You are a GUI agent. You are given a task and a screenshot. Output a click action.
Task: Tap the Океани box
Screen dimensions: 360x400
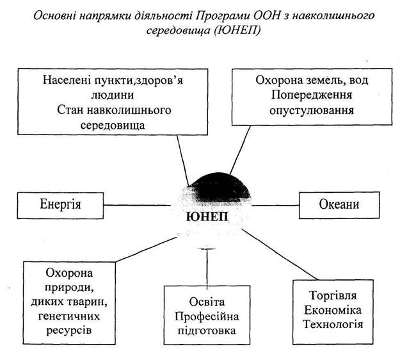tap(339, 205)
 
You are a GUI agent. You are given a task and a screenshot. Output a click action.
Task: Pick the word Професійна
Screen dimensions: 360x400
tap(206, 318)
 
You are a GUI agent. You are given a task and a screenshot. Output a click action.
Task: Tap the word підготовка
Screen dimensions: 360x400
tap(206, 331)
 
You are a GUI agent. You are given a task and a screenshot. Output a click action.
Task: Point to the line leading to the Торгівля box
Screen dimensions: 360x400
tap(282, 254)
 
